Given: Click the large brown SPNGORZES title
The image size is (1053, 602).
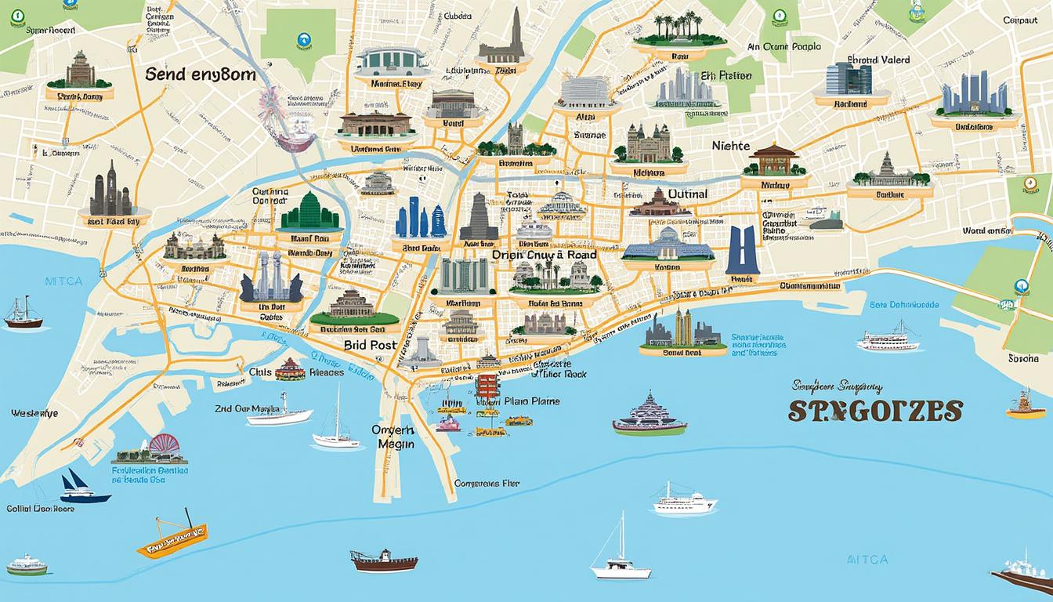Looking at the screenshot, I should (875, 411).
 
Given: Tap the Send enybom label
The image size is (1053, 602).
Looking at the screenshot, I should (201, 74).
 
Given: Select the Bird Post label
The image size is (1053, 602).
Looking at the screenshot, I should (369, 343).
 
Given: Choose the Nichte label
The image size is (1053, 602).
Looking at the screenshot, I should (730, 146).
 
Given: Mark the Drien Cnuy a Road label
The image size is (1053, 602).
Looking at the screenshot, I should (544, 255).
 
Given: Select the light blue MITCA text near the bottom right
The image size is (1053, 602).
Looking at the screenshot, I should (867, 559).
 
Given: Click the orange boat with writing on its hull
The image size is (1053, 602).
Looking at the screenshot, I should (172, 536).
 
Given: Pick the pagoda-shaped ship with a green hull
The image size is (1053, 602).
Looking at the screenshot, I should (650, 415).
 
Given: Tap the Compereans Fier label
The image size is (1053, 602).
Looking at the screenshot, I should (487, 484).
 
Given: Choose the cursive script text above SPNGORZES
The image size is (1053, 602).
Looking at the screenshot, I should (838, 386).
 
